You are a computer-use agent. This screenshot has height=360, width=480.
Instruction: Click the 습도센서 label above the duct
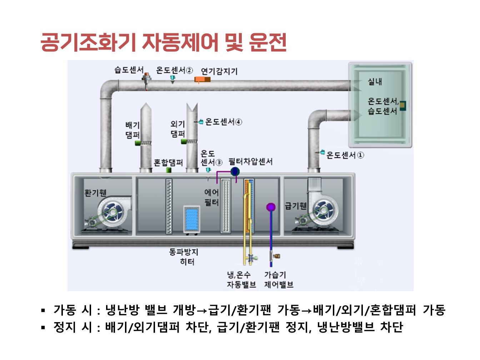coord(129,70)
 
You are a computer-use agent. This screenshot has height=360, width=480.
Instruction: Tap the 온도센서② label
coord(174,70)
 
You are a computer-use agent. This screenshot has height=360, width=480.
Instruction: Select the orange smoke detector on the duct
coord(202,80)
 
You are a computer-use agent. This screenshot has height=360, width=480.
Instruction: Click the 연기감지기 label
coord(219,71)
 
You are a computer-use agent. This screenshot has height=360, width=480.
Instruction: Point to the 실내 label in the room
coord(375,82)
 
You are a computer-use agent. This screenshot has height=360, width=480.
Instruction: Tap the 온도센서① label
coord(345,155)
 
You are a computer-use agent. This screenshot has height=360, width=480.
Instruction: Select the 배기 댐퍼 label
coord(132,130)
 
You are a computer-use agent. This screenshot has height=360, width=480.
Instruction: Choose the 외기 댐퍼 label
coord(177,129)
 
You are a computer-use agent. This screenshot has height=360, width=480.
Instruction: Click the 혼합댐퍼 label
coord(168,163)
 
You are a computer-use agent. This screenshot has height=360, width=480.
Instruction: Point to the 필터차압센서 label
coord(251,162)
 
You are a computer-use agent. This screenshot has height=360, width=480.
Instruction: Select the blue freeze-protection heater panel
coord(191,219)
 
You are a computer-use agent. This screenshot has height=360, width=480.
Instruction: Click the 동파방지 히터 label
coord(184,257)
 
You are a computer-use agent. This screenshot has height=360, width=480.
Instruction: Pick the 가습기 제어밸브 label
coord(279,280)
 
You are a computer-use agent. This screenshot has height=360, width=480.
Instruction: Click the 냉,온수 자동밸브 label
coord(241,280)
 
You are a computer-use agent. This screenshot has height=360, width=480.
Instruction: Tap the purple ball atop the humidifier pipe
coord(271,207)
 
